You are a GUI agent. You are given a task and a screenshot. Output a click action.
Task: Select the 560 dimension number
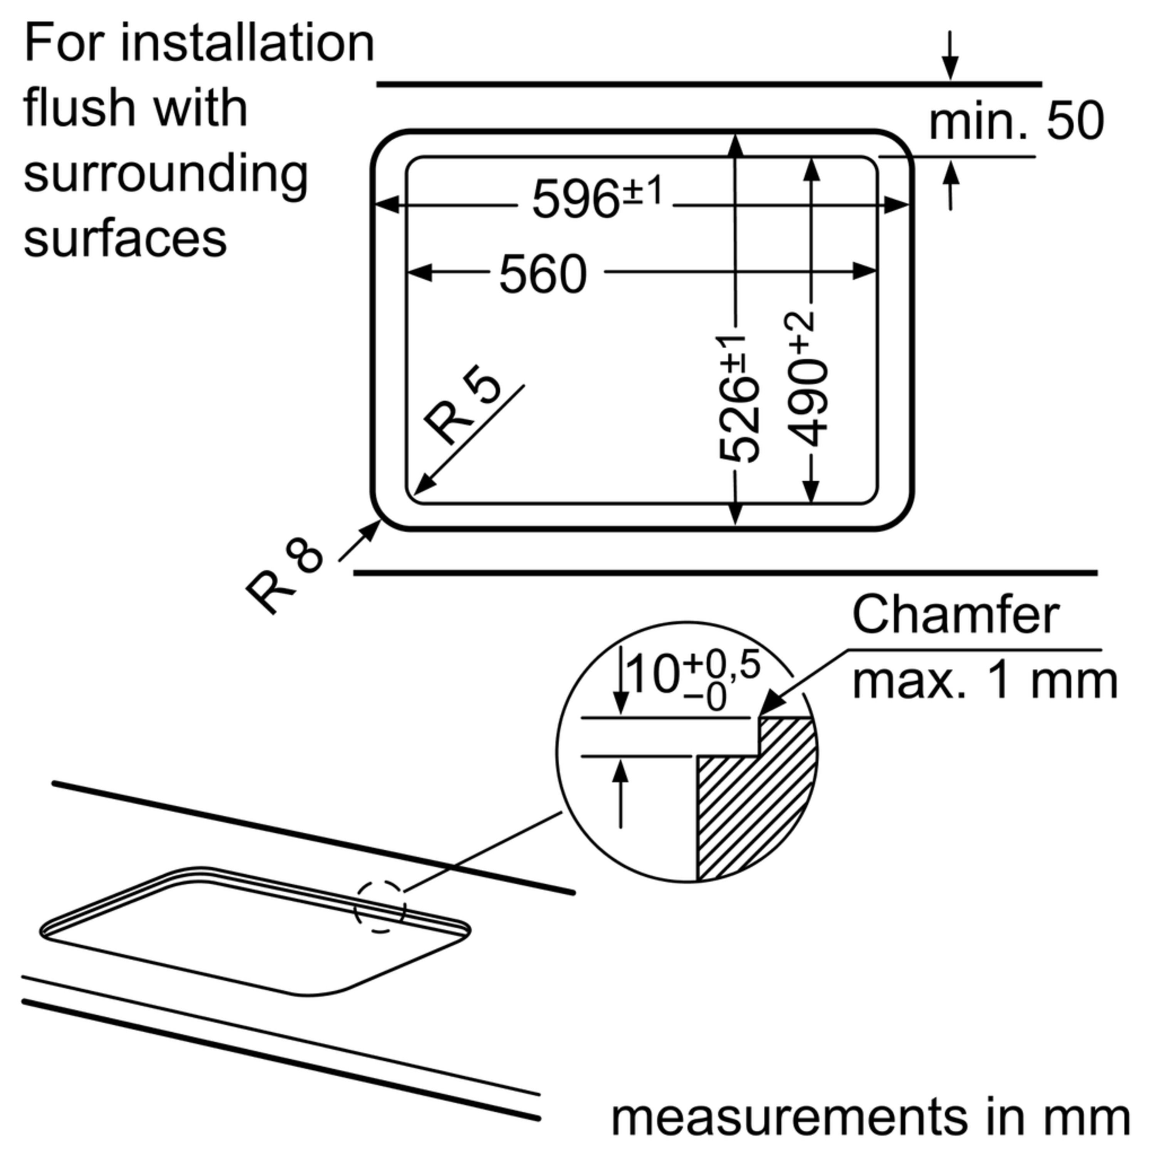point(542,274)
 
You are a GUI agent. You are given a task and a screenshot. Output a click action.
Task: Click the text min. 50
point(1015,121)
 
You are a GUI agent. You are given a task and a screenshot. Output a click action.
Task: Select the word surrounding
point(166,175)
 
